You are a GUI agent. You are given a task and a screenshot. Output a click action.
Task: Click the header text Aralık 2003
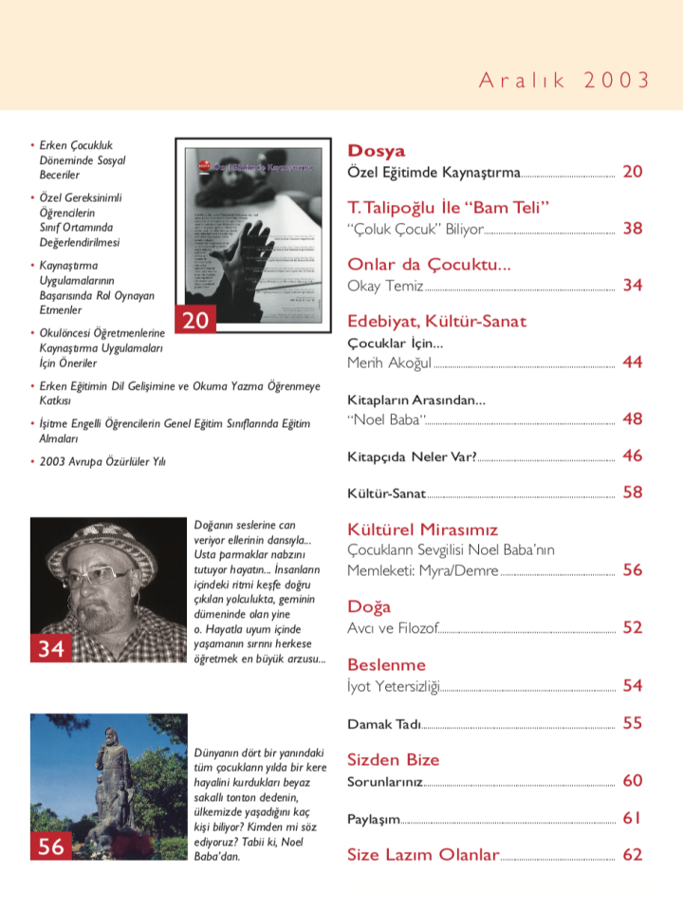[x=564, y=80]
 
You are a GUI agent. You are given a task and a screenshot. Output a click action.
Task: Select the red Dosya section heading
[x=376, y=151]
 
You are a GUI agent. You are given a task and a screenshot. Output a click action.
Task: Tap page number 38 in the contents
[x=633, y=229]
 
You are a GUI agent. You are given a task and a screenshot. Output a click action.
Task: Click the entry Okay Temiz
[x=385, y=287]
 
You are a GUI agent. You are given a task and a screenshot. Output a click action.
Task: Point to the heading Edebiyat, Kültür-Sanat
[x=436, y=322]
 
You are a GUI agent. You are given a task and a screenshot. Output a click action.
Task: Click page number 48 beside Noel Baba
[x=633, y=419]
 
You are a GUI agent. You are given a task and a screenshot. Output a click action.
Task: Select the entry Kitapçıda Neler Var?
[x=411, y=456]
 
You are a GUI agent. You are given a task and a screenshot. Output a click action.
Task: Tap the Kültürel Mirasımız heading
[x=422, y=530]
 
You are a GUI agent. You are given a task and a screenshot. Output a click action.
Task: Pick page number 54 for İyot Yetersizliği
[x=633, y=685]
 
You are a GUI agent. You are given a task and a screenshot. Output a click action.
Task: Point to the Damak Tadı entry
[x=383, y=724]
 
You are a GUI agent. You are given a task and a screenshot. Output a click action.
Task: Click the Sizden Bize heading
[x=393, y=760]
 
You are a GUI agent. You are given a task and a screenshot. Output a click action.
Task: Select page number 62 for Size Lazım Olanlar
[x=633, y=854]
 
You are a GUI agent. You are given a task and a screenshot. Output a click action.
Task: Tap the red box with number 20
[x=194, y=321]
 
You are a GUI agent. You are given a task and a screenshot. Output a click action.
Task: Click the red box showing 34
[x=50, y=648]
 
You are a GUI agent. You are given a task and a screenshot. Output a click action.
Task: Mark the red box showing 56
[x=50, y=846]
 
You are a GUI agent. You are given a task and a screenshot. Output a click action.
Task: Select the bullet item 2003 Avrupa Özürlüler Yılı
[x=102, y=461]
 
